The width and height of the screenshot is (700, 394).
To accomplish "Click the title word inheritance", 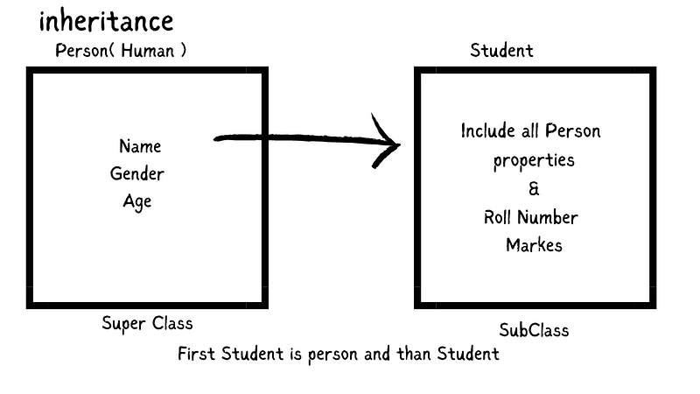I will click(106, 21).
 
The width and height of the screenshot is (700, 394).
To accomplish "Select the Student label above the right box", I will click(501, 50).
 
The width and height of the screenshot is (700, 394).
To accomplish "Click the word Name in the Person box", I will click(140, 146).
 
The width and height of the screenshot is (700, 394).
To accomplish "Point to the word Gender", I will click(137, 173).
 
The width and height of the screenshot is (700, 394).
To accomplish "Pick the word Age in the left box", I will click(137, 201).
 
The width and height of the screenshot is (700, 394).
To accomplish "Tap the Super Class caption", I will click(147, 323).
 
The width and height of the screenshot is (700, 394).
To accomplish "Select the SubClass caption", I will click(534, 330).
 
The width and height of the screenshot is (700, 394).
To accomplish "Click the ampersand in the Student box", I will click(534, 189).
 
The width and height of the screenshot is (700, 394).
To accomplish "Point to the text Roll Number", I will click(530, 217).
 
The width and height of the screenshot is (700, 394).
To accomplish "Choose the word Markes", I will click(534, 245).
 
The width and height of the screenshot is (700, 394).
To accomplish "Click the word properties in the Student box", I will click(534, 161).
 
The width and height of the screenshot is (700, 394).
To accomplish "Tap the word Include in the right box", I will click(487, 132).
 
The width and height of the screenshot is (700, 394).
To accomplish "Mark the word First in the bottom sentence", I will click(197, 354).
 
